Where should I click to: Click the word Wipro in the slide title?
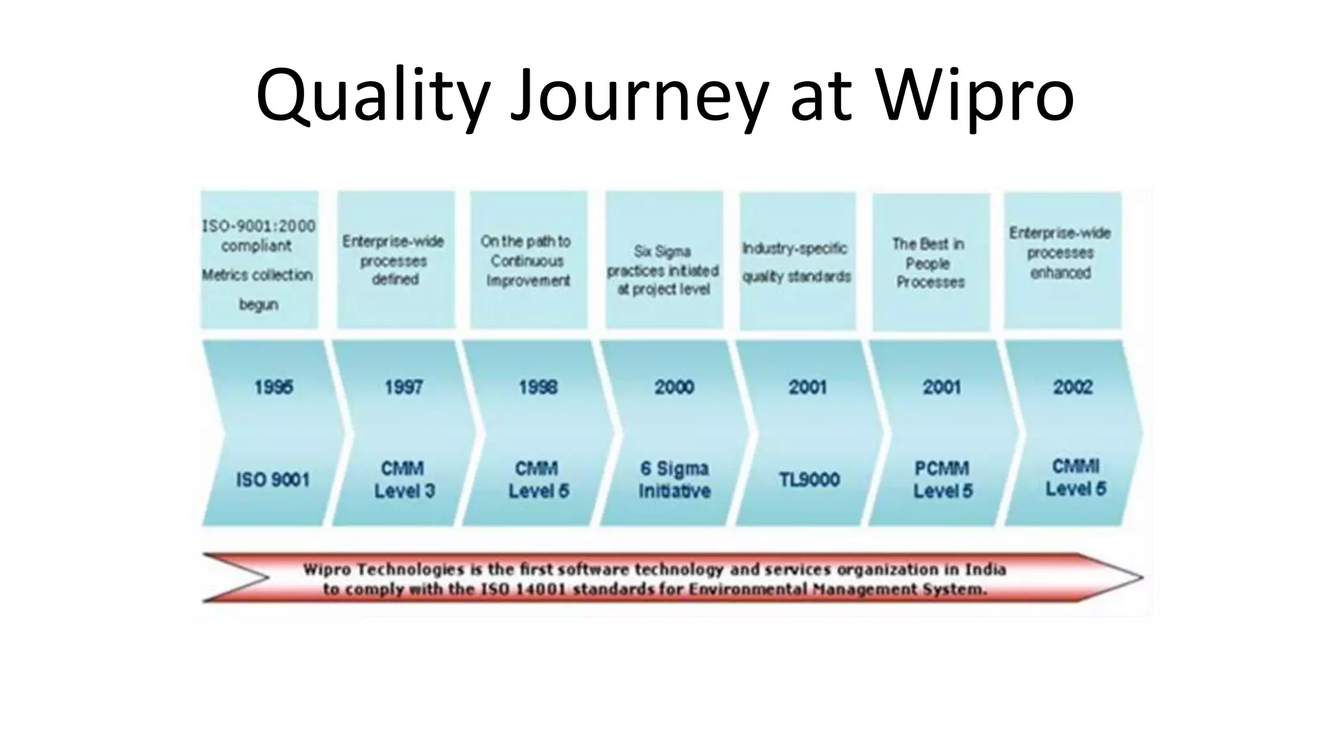click(x=975, y=96)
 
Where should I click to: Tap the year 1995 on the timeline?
click(x=274, y=388)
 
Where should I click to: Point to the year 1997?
click(x=404, y=388)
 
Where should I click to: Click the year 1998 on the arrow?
click(x=538, y=388)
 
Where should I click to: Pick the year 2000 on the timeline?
click(x=674, y=388)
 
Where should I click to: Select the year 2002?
click(x=1073, y=388)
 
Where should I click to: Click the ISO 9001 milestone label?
click(x=273, y=480)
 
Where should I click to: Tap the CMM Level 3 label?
click(x=404, y=479)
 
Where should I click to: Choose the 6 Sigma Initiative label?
click(x=674, y=479)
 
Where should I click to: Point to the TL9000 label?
click(x=809, y=480)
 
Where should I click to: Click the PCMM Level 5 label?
click(x=942, y=479)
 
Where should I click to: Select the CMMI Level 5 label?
click(x=1076, y=478)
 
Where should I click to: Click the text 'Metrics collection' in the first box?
click(x=257, y=275)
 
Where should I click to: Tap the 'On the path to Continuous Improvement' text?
click(x=527, y=261)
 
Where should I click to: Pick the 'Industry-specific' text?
click(x=795, y=248)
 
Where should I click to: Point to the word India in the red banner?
click(x=984, y=570)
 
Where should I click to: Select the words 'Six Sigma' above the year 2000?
click(x=662, y=252)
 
